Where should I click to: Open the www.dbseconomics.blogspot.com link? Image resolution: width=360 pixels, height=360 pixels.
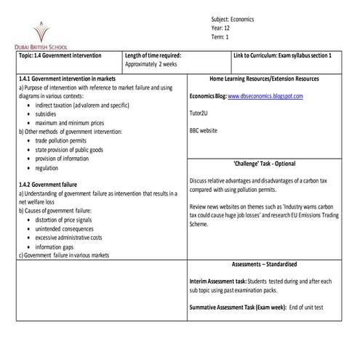[265, 96]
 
